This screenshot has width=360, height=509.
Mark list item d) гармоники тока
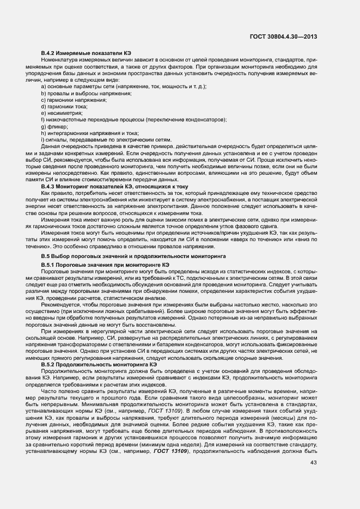(x=65, y=107)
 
